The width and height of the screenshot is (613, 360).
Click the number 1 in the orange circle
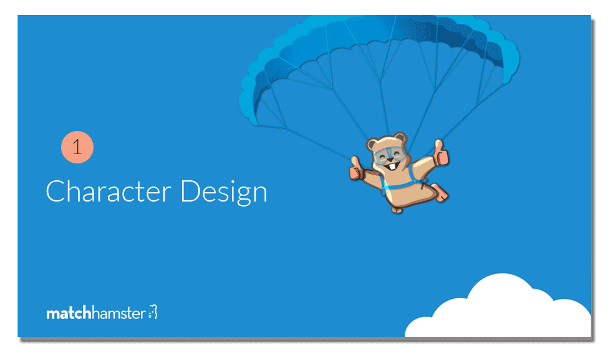[x=77, y=147]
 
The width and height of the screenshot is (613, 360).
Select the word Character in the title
[x=109, y=192]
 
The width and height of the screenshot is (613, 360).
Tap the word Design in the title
[x=224, y=193]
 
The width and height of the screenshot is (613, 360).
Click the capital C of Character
[x=54, y=191]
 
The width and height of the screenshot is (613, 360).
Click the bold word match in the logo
[x=69, y=313]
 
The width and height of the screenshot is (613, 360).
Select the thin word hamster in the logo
[x=119, y=313]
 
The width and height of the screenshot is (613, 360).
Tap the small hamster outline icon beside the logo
[x=153, y=312]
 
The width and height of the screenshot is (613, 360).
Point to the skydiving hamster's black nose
[x=389, y=160]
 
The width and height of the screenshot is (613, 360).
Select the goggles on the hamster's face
[x=389, y=155]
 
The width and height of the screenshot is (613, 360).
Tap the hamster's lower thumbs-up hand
[x=355, y=168]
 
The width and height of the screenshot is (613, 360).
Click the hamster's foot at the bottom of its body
[x=397, y=210]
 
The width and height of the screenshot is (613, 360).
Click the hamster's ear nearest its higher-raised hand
[x=400, y=139]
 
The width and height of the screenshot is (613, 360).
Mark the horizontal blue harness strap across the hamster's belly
[x=398, y=185]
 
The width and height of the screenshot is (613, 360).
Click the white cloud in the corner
[x=498, y=308]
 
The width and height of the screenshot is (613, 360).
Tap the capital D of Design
[x=190, y=191]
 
